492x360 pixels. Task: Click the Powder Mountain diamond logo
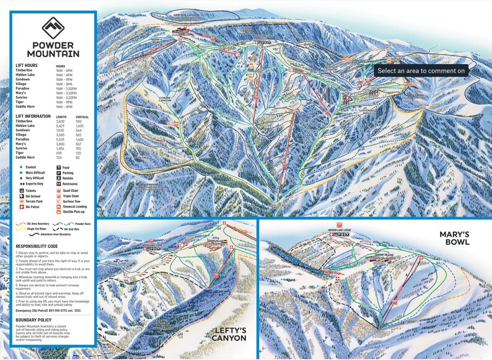(x=53, y=29)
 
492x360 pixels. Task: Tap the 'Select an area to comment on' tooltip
(x=421, y=71)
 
